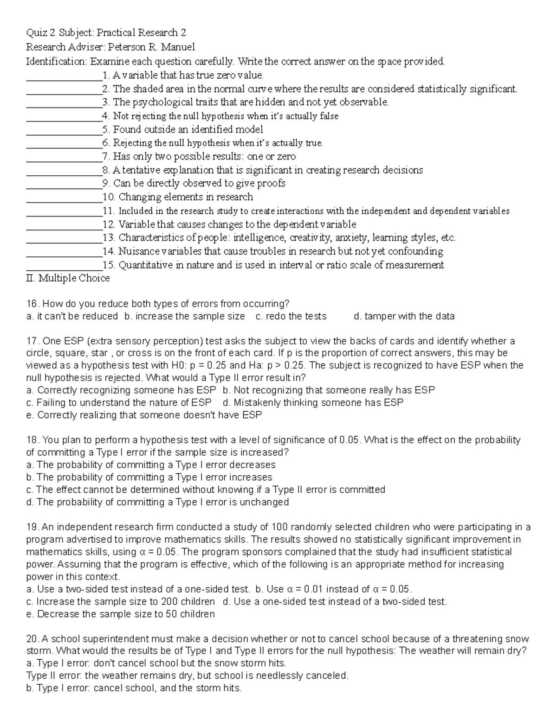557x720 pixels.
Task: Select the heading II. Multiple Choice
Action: (x=68, y=278)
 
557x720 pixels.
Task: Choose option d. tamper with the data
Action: (x=404, y=316)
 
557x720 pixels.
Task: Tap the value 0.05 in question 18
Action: (x=350, y=440)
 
